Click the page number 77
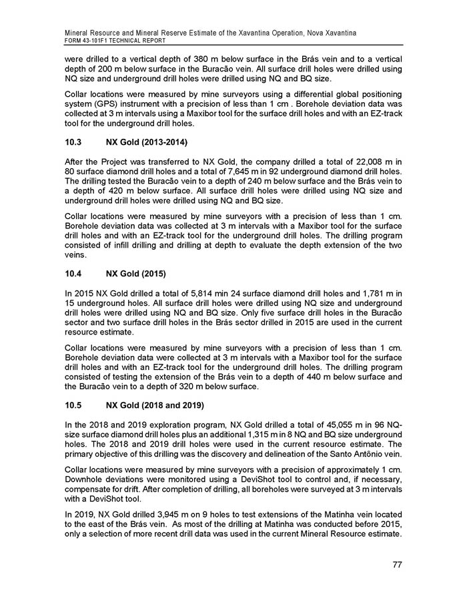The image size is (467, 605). click(x=396, y=565)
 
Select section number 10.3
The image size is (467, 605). click(x=75, y=143)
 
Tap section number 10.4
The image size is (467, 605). click(x=75, y=274)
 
